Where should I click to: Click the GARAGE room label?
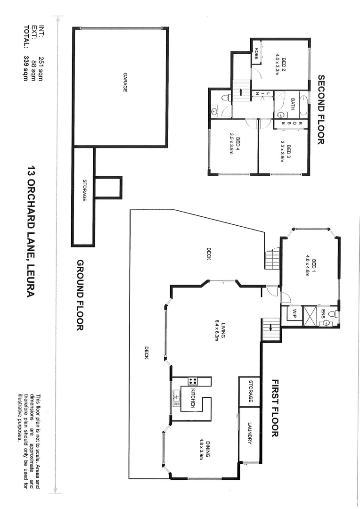[x=125, y=82]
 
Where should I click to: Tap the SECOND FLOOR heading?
[x=322, y=109]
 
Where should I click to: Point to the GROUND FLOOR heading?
[x=80, y=295]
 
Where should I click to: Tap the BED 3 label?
[x=286, y=152]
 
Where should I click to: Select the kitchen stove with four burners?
[x=192, y=381]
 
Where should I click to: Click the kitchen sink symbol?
[x=176, y=398]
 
